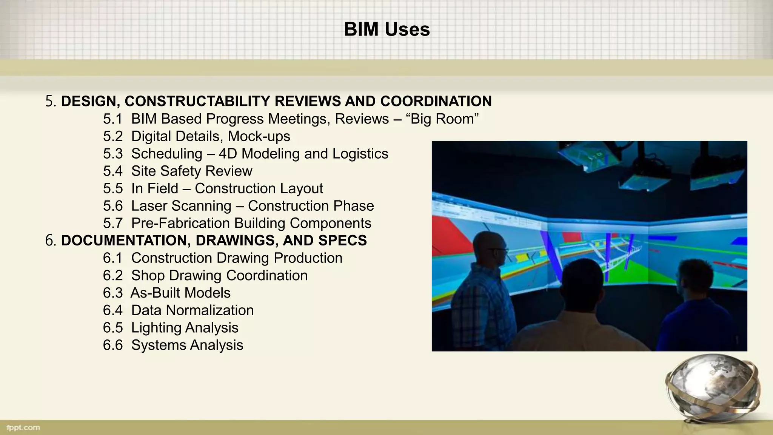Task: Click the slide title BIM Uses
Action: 386,29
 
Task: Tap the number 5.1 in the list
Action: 113,119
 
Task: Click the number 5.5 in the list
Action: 113,188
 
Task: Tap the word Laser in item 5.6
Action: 149,206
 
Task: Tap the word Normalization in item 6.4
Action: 209,310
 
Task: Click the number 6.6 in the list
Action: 113,345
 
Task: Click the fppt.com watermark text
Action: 23,427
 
